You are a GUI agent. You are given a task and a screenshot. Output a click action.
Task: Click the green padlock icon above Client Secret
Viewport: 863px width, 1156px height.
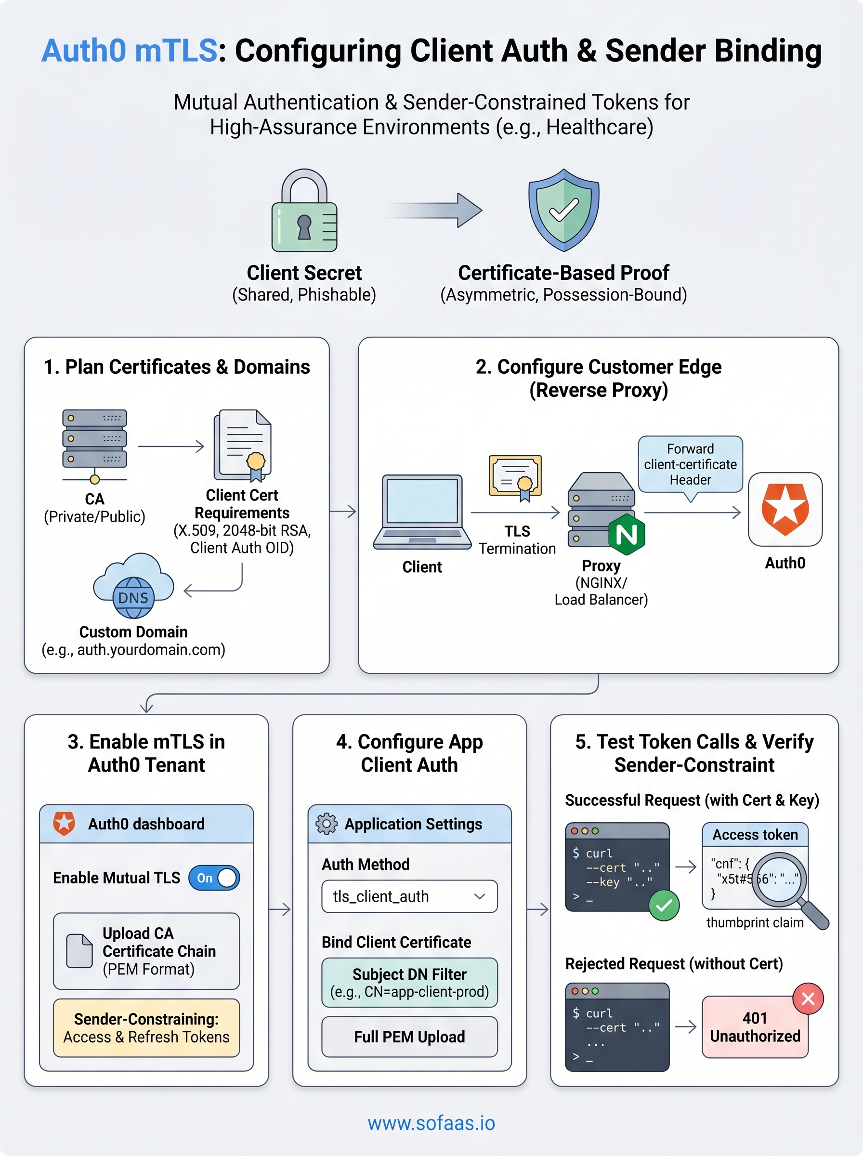(304, 211)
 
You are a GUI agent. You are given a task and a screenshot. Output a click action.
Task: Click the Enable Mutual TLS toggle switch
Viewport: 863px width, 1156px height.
(214, 878)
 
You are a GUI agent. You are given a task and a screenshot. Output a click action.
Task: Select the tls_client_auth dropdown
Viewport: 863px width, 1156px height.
(409, 896)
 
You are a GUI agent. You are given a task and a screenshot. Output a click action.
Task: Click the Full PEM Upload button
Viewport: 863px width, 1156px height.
(409, 1037)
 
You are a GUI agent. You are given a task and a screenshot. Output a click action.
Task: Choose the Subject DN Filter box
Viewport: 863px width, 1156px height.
(409, 983)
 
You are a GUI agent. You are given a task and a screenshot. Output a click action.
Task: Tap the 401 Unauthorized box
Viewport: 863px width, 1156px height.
(755, 1027)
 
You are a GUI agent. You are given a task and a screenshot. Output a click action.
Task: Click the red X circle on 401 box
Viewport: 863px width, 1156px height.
(808, 999)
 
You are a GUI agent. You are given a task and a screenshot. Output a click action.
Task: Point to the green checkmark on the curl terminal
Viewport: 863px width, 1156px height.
(664, 906)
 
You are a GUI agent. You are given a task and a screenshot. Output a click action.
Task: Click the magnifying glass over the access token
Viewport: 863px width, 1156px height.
(779, 880)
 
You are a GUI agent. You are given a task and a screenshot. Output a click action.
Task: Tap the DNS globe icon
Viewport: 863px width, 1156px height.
(133, 597)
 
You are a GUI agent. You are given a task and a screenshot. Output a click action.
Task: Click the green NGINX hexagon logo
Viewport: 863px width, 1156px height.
(627, 534)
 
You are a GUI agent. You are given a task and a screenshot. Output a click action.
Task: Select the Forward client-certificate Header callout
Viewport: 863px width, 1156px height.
(690, 464)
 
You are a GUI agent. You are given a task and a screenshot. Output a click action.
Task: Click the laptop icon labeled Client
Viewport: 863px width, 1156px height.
(422, 512)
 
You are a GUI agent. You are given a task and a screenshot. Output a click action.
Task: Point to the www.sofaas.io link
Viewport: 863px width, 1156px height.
(431, 1123)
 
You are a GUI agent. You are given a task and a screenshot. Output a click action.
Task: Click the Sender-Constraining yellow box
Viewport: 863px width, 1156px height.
(146, 1028)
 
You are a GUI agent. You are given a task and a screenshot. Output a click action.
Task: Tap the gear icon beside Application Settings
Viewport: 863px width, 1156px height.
(327, 824)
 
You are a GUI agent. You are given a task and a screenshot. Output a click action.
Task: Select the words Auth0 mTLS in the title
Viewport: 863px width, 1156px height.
(129, 51)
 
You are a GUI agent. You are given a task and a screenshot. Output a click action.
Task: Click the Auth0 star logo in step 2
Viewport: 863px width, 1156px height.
(785, 509)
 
